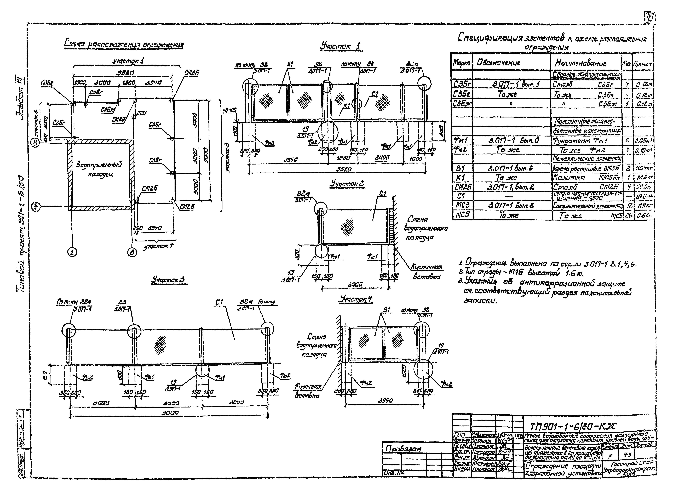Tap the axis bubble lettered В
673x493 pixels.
tap(36, 143)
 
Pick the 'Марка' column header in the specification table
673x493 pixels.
tap(462, 63)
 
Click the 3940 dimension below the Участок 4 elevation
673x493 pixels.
tap(385, 401)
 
